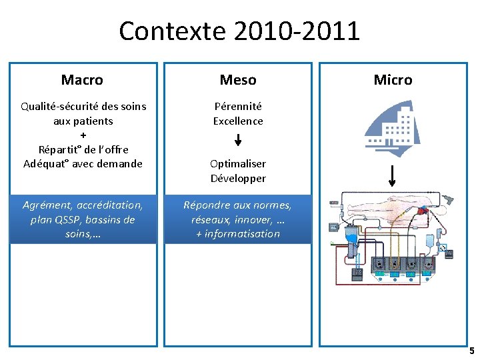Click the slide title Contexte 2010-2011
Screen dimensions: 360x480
239,31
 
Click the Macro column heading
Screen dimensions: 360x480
82,80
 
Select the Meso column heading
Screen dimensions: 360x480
238,80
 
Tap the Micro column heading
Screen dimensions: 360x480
393,80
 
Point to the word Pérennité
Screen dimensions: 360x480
238,106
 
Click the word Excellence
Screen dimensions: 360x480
238,121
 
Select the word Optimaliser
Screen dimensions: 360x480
238,163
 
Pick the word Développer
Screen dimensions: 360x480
238,178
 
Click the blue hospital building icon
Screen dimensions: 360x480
393,129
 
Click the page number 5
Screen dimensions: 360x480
471,351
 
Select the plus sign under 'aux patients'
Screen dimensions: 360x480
83,135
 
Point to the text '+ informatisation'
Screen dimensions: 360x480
238,233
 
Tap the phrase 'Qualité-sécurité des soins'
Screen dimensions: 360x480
83,106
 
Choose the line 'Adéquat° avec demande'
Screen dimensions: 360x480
83,163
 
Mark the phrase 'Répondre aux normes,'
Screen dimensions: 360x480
238,205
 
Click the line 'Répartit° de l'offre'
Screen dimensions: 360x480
83,149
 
